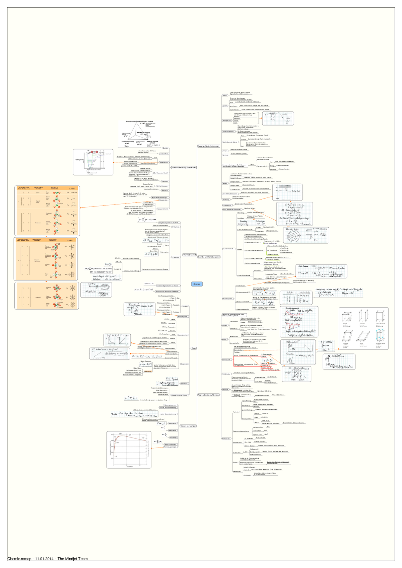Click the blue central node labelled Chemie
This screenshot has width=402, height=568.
click(197, 284)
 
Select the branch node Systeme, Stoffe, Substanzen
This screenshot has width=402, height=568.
click(208, 146)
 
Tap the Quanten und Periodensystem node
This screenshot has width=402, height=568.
click(209, 257)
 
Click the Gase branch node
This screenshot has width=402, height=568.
click(194, 348)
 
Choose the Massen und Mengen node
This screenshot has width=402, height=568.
click(188, 426)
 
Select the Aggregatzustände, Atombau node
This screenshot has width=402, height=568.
click(208, 395)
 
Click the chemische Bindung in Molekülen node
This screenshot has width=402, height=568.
click(184, 167)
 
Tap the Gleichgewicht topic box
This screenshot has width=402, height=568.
click(226, 120)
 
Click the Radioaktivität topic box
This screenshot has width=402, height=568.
click(226, 438)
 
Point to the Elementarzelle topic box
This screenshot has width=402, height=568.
click(226, 359)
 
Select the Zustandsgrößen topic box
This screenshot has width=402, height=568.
click(183, 335)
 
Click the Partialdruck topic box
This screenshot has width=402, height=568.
click(184, 384)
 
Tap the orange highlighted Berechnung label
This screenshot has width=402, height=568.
click(148, 372)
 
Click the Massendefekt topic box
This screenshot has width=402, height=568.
click(172, 423)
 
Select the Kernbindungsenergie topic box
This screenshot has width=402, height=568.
click(170, 447)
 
